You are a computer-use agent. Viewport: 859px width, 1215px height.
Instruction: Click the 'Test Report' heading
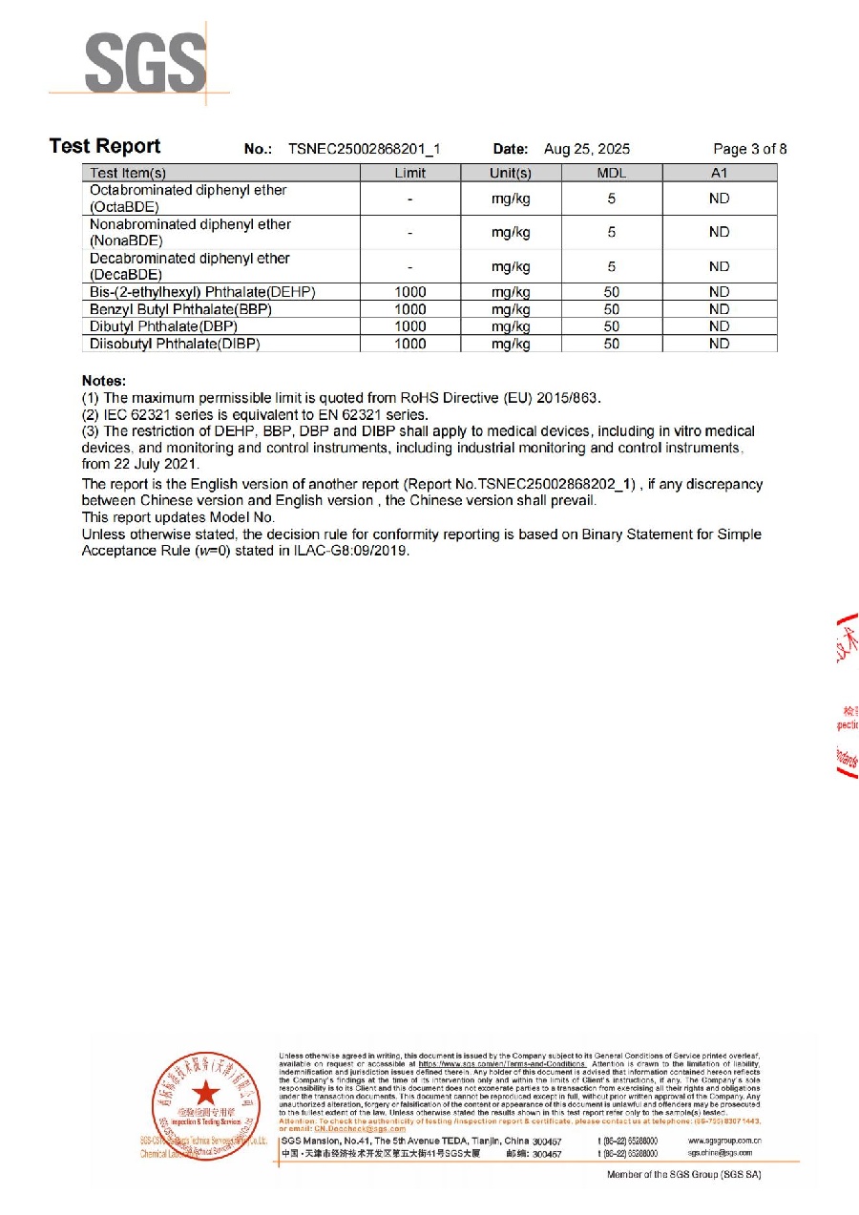[105, 146]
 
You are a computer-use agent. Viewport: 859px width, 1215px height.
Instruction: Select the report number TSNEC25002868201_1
[364, 149]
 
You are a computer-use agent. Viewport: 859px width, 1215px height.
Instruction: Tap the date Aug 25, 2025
[586, 149]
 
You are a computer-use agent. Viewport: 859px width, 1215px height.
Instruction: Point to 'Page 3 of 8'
[749, 149]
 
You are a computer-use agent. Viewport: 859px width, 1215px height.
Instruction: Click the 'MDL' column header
[611, 173]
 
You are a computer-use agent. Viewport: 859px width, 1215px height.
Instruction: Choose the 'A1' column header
[719, 173]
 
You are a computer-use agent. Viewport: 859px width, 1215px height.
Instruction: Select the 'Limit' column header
[409, 173]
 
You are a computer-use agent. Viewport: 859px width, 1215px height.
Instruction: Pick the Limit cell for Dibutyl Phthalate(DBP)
[409, 326]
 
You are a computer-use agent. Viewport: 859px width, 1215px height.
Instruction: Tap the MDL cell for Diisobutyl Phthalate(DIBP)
[611, 344]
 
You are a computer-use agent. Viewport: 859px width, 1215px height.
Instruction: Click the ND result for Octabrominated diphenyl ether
[719, 199]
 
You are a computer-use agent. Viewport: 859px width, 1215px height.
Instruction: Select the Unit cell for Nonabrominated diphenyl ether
[511, 232]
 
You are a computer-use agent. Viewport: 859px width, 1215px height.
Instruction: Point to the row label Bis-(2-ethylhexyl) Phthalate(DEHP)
[202, 292]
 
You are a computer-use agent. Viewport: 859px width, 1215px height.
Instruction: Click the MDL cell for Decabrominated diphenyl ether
[611, 266]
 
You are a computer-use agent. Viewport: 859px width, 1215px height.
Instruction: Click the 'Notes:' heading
[103, 380]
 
